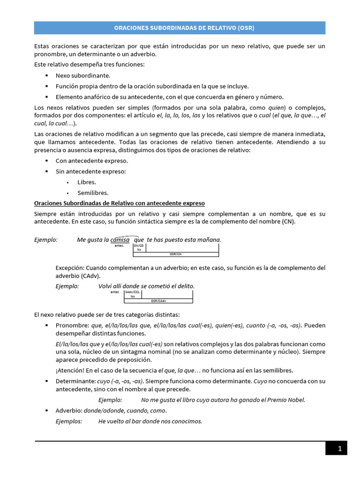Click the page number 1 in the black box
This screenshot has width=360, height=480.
[340, 449]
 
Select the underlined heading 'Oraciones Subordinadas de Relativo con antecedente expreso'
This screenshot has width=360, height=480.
[120, 203]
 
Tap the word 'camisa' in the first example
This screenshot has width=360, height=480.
[120, 240]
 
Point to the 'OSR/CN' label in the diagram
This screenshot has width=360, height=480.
[175, 254]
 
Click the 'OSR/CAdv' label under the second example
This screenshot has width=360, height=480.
[158, 301]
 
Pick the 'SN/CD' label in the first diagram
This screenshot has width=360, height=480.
[139, 245]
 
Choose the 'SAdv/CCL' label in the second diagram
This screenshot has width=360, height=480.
[133, 292]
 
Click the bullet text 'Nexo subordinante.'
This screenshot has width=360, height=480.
[83, 75]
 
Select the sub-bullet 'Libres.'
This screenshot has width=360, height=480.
[87, 182]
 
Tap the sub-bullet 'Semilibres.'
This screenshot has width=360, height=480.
[93, 193]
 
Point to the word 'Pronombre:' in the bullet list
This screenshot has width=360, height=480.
[72, 325]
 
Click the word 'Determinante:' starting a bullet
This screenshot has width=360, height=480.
[75, 381]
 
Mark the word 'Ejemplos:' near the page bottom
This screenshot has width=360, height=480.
[69, 421]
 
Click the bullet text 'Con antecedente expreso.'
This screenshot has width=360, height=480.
[91, 160]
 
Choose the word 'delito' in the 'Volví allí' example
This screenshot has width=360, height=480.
[184, 286]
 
